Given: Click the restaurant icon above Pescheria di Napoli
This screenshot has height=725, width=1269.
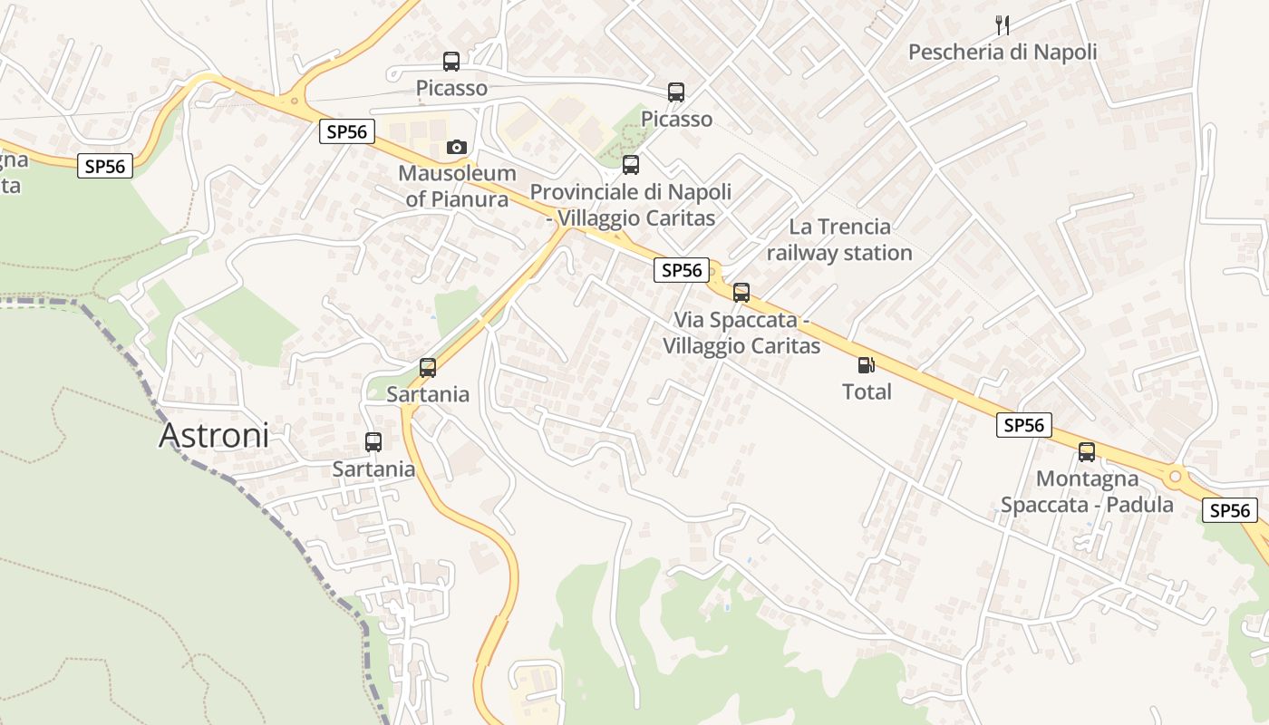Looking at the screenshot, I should point(1002,24).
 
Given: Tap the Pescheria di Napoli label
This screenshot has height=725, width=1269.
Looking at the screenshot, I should point(1003,53).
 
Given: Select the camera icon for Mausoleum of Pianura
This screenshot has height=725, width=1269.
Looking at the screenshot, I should point(457,147).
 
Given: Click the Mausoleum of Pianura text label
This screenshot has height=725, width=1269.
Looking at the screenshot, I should point(457,186).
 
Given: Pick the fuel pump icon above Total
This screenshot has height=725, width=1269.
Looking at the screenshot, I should point(867,365).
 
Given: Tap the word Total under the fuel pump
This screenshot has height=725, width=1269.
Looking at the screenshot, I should point(867,391).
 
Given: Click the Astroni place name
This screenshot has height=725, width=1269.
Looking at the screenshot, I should point(214,436).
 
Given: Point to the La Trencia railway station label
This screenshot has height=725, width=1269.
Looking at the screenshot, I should point(839,239).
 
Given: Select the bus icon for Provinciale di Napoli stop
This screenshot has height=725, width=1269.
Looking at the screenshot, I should point(631,165).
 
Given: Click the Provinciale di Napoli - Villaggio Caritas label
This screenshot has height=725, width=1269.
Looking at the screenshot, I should point(631,205).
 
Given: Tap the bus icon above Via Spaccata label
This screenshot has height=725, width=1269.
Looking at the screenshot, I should point(741,292).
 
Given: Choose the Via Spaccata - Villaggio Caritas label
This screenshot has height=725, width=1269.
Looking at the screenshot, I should point(741,333).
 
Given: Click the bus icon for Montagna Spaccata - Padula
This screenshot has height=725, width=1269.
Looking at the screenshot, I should point(1087,451).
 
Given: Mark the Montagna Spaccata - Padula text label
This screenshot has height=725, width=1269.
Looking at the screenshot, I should point(1087,491).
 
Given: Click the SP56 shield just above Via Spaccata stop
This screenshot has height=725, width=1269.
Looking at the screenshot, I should point(682,269).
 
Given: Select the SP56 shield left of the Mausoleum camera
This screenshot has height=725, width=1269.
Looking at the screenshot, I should point(347,131).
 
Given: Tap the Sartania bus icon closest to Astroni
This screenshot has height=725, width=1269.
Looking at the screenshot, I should point(373,442).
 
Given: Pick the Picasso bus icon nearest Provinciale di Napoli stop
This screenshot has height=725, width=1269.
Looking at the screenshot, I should point(676,92).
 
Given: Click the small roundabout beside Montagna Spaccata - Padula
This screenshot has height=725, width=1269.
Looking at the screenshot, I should point(1176,476).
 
